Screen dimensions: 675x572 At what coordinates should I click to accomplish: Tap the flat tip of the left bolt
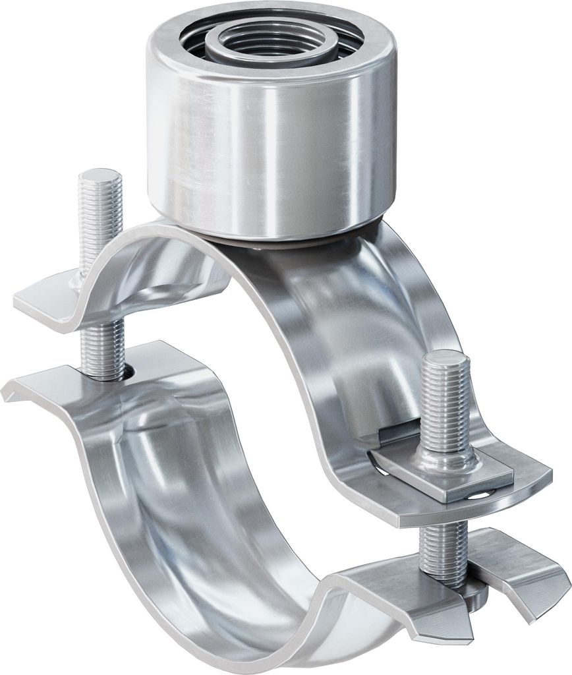pyautogui.click(x=100, y=177)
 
